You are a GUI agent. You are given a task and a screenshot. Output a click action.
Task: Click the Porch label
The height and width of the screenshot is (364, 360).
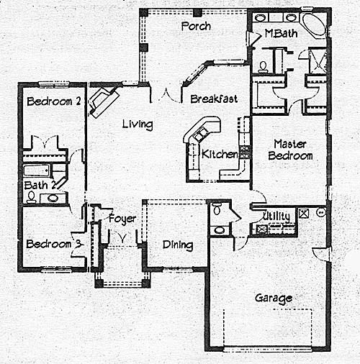(196, 26)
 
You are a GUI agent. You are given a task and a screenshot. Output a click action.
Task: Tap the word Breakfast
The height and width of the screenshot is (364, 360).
(214, 99)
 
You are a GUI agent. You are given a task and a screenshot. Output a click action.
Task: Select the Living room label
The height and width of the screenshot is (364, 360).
(138, 124)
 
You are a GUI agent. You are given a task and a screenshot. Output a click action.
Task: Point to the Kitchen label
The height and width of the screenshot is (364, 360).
(220, 154)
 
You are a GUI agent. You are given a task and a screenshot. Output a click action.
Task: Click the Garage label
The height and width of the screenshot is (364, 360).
(274, 299)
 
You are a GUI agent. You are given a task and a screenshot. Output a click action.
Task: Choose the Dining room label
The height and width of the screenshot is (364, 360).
(178, 245)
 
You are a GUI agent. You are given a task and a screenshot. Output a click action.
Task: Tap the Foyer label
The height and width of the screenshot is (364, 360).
(122, 219)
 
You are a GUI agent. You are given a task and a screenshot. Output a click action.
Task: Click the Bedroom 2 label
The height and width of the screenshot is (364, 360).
(54, 101)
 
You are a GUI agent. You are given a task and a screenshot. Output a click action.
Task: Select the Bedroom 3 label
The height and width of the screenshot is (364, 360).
(53, 244)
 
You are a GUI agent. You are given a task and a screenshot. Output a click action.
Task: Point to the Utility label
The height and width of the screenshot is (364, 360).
(276, 217)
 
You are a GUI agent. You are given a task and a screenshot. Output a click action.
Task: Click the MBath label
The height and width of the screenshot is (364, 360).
(281, 33)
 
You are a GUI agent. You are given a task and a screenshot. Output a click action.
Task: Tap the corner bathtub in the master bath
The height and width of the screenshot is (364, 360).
(314, 24)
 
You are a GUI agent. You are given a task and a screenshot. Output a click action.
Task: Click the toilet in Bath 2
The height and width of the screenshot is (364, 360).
(31, 197)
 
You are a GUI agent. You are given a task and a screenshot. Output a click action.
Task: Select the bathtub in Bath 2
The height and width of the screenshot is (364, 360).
(37, 170)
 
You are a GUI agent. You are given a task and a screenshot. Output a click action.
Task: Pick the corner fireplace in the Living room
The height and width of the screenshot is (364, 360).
(104, 101)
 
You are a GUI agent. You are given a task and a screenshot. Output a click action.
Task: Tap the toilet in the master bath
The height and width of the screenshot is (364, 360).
(263, 67)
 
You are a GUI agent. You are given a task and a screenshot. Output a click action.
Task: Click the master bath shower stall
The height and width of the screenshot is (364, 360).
(318, 61)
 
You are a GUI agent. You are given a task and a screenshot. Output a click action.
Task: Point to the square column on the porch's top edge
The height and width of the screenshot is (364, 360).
(197, 13)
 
